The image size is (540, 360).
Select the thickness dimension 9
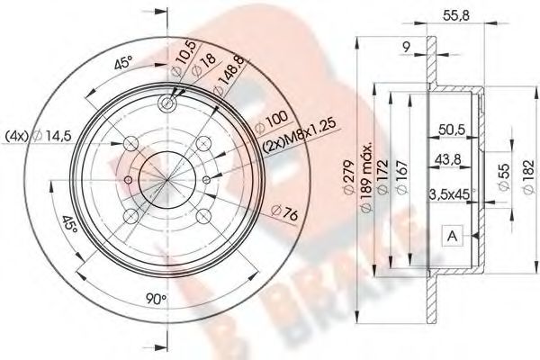click(407, 44)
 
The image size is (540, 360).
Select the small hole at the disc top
click(167, 103)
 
